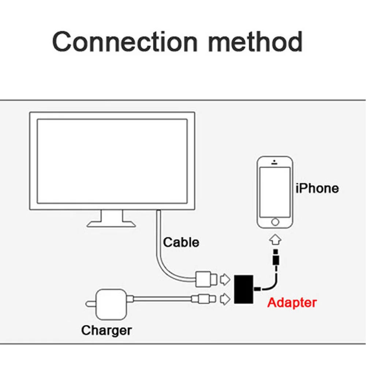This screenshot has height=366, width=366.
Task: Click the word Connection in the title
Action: click(x=125, y=42)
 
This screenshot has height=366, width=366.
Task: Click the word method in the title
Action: click(x=255, y=42)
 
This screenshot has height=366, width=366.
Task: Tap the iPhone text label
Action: click(x=317, y=188)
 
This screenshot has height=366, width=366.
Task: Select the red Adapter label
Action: click(x=292, y=303)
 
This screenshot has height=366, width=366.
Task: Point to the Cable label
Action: click(x=181, y=242)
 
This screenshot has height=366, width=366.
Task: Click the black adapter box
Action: click(x=244, y=290)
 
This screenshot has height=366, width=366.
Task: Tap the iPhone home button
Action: click(x=275, y=222)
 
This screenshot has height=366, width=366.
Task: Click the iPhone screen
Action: click(x=275, y=193)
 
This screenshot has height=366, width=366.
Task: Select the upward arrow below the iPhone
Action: click(x=276, y=239)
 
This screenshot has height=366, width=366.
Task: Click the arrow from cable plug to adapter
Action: click(x=225, y=279)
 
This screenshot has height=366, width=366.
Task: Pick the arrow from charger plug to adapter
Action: click(x=225, y=299)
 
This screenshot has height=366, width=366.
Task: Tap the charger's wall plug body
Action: click(x=112, y=305)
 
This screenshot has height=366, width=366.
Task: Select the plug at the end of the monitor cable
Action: click(x=206, y=279)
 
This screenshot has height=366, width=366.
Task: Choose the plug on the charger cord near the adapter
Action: click(x=203, y=299)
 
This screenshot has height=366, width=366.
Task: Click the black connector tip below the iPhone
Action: click(x=276, y=257)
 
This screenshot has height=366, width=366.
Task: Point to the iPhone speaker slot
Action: click(x=274, y=163)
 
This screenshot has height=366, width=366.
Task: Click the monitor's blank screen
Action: click(x=112, y=161)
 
